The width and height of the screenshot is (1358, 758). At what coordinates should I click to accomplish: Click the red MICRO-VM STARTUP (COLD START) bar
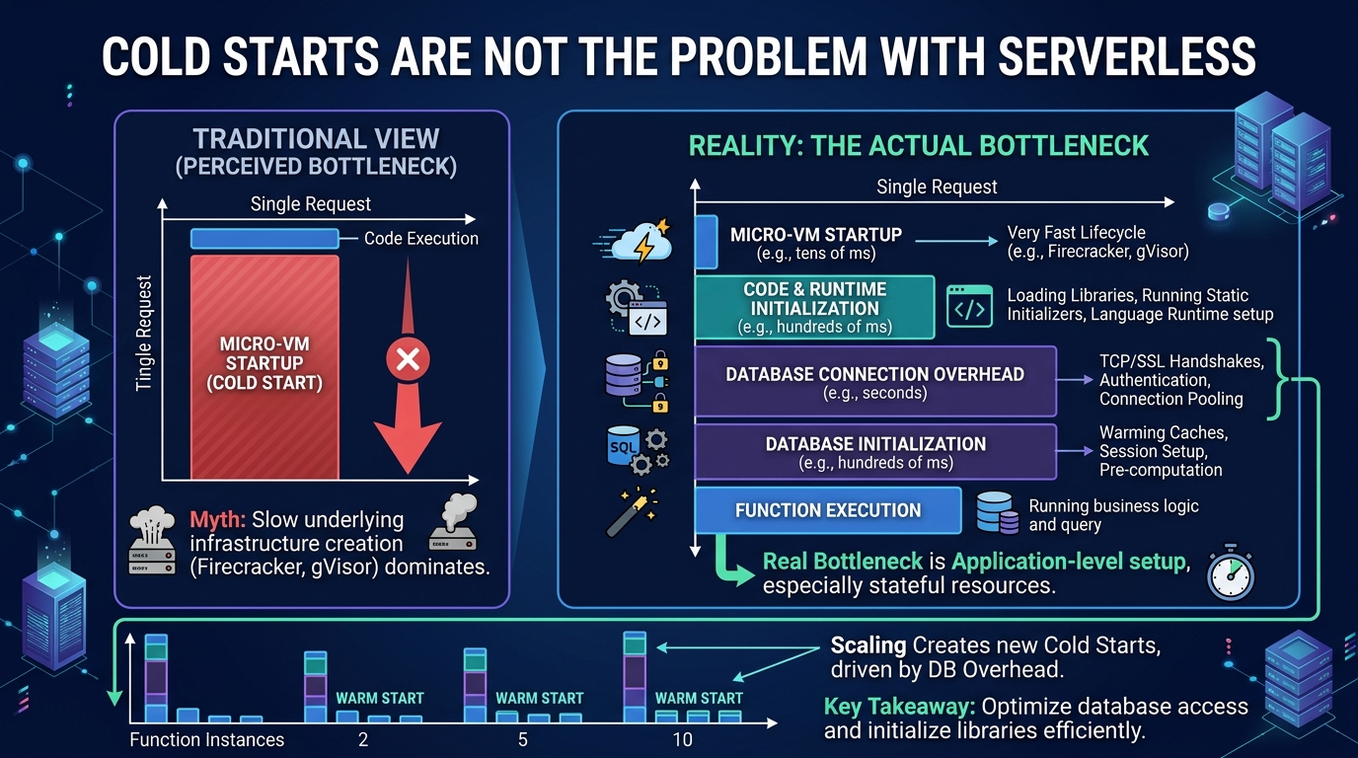264,367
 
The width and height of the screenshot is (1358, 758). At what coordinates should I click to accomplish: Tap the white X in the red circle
408,359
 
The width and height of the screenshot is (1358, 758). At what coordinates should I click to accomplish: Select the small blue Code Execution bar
264,238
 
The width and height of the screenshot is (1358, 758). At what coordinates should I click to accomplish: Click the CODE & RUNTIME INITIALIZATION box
815,308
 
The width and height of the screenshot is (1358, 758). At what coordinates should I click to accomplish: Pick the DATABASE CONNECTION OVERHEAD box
875,381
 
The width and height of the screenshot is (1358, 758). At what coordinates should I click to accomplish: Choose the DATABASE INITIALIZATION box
875,452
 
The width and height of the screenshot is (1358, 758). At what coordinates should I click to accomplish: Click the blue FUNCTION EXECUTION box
828,510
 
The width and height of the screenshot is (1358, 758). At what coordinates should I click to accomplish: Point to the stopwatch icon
1230,571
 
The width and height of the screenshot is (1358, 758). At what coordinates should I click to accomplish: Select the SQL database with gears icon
638,449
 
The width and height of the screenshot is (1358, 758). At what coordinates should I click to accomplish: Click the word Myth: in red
218,520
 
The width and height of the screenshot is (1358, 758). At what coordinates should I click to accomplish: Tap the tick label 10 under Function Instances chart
683,740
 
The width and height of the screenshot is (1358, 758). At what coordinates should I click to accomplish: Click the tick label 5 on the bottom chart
523,740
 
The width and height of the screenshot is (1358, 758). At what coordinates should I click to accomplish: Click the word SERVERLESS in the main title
1126,56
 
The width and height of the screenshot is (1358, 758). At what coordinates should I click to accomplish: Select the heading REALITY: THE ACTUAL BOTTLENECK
919,146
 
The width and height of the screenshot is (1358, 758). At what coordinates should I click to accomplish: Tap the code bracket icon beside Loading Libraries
969,307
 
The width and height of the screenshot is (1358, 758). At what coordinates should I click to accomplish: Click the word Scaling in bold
868,645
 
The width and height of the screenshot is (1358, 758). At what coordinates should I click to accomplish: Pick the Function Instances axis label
206,740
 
